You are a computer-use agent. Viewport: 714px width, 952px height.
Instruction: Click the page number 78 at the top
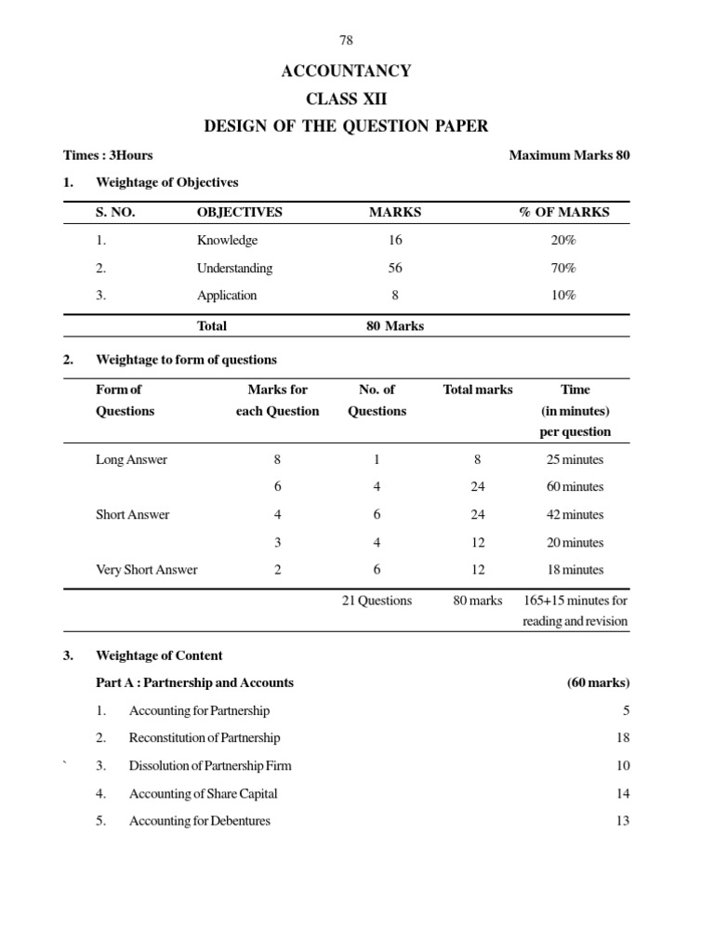point(346,40)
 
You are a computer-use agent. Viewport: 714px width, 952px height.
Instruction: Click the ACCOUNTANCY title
point(346,71)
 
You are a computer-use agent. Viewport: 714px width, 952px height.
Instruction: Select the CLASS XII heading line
point(346,99)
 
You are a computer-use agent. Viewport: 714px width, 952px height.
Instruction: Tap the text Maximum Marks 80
point(569,155)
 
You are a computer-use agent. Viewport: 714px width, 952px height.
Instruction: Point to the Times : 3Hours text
point(108,155)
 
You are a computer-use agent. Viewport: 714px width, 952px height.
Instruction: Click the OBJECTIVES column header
point(239,212)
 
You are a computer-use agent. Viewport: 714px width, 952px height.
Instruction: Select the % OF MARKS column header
point(563,212)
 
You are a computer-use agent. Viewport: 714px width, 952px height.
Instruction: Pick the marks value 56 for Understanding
point(395,268)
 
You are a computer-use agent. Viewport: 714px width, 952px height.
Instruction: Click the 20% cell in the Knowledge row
point(562,240)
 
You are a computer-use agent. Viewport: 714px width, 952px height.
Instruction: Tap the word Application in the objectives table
point(227,296)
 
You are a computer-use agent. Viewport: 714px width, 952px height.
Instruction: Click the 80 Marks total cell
point(395,325)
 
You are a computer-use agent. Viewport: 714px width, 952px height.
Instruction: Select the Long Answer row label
point(131,459)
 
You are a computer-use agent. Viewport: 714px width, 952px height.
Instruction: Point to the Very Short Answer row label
point(147,570)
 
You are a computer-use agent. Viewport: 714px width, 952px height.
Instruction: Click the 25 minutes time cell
point(575,459)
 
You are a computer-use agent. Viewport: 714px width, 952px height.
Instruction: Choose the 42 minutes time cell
point(575,515)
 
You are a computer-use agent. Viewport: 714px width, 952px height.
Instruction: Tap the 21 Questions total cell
point(377,601)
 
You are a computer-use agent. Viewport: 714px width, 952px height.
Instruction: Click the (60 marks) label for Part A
point(598,682)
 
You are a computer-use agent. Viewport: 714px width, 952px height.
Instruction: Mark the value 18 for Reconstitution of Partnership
point(622,738)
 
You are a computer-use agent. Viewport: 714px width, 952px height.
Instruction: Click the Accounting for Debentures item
point(200,821)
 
